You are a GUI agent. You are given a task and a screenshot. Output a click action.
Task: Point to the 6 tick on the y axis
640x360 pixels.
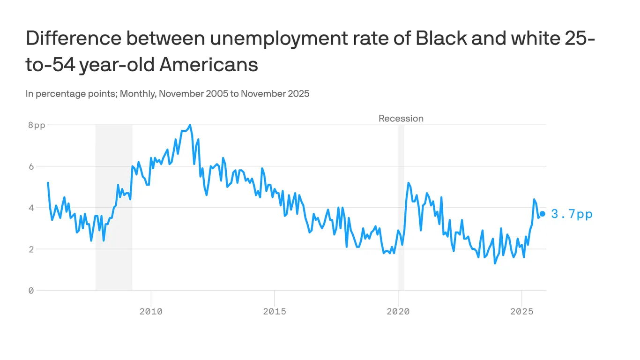click(x=31, y=166)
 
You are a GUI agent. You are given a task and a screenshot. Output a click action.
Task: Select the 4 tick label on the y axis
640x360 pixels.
click(x=31, y=208)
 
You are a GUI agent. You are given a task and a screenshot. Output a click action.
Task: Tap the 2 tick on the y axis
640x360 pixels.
click(x=31, y=249)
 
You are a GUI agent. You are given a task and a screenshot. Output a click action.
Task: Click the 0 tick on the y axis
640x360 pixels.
click(x=31, y=291)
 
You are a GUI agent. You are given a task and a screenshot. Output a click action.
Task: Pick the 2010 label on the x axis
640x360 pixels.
click(x=151, y=311)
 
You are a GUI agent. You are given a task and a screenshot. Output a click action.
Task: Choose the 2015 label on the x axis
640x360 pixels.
click(x=274, y=311)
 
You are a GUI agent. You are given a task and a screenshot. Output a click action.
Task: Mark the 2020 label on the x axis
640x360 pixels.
click(x=398, y=311)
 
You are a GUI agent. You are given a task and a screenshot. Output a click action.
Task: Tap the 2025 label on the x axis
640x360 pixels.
click(x=521, y=311)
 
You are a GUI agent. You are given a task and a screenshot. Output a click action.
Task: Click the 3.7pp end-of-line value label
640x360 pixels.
click(x=572, y=214)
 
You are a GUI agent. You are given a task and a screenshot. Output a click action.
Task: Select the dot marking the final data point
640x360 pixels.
click(x=542, y=214)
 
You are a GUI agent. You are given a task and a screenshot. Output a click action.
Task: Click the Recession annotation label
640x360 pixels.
click(x=401, y=119)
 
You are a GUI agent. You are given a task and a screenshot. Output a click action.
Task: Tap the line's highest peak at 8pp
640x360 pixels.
click(x=190, y=125)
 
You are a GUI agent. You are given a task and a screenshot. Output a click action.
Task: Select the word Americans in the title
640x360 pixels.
click(x=208, y=65)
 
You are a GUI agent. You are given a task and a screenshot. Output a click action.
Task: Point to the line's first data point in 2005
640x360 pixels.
click(x=48, y=183)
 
